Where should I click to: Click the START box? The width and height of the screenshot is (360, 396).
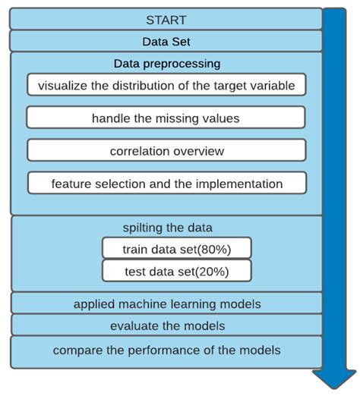pyautogui.click(x=166, y=19)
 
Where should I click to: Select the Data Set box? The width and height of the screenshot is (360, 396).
pyautogui.click(x=166, y=41)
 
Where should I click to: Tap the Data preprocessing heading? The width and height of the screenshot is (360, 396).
pyautogui.click(x=167, y=64)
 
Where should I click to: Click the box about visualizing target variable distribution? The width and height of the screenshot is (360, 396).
pyautogui.click(x=166, y=85)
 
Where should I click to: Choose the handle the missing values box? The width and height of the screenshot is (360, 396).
pyautogui.click(x=166, y=118)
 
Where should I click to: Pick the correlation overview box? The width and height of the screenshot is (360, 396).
pyautogui.click(x=166, y=150)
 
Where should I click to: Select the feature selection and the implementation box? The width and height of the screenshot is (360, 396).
pyautogui.click(x=167, y=183)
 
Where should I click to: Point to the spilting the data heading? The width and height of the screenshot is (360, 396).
pyautogui.click(x=167, y=228)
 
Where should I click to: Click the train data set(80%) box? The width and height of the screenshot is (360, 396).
pyautogui.click(x=177, y=248)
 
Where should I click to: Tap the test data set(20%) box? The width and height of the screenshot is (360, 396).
pyautogui.click(x=177, y=271)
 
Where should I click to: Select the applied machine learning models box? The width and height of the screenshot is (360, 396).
pyautogui.click(x=166, y=303)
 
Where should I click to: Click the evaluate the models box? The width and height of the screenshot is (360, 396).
pyautogui.click(x=166, y=325)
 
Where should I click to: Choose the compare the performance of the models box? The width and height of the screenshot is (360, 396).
pyautogui.click(x=166, y=352)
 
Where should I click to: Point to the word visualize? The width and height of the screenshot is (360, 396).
pyautogui.click(x=62, y=86)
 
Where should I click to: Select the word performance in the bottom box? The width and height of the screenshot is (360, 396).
pyautogui.click(x=164, y=350)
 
